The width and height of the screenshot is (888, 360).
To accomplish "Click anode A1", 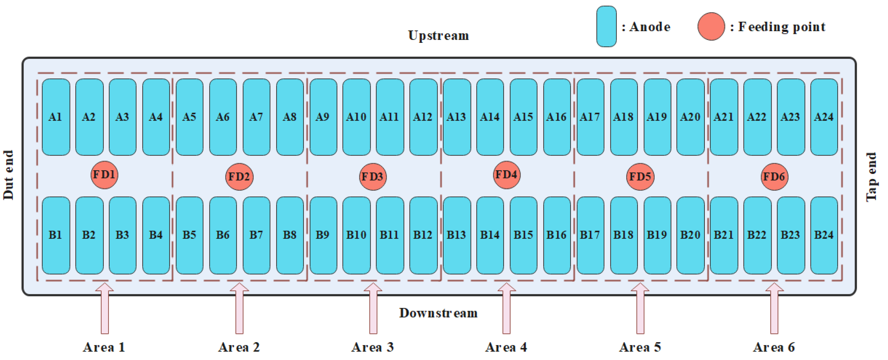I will [56, 117].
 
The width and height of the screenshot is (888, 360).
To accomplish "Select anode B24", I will [824, 235].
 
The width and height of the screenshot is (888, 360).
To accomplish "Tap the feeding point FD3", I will [372, 176].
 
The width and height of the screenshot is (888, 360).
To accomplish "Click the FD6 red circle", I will [774, 176].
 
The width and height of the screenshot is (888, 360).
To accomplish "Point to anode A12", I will [423, 117].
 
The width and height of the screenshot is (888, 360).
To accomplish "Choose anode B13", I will [456, 235].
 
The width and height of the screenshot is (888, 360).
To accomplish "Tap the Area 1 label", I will [104, 347].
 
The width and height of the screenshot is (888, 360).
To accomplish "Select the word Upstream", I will [438, 36].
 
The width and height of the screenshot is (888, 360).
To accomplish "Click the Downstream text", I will [438, 313].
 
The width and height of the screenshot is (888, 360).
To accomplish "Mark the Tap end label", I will [871, 176].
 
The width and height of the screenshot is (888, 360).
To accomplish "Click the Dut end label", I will [8, 175].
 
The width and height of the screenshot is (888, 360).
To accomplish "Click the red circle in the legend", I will [711, 26].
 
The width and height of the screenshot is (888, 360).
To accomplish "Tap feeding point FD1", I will [104, 175].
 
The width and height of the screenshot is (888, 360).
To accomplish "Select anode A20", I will [690, 117].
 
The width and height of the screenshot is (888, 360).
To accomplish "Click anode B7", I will [256, 235].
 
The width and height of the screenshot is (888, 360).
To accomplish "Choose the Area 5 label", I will [640, 347].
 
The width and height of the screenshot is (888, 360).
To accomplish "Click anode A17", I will [590, 117].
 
